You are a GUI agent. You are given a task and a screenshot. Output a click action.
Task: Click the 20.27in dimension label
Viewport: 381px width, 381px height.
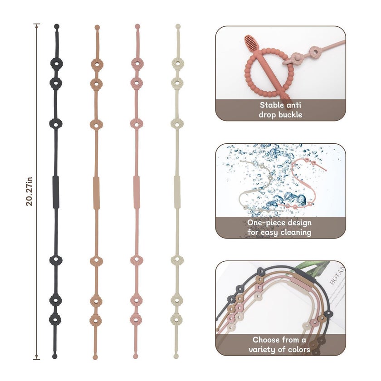point(29,191)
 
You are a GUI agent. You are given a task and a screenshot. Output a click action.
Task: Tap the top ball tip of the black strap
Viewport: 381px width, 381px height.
point(57,26)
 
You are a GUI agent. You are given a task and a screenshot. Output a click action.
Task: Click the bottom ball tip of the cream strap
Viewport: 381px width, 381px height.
point(176,357)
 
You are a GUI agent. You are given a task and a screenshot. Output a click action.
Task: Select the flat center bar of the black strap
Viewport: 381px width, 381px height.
point(56,192)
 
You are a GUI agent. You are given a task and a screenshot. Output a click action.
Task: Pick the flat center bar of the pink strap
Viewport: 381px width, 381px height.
point(137,192)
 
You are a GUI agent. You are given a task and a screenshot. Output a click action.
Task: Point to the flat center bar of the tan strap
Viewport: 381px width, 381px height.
point(96,193)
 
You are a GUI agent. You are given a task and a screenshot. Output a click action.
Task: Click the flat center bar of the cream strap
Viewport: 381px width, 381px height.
point(177,192)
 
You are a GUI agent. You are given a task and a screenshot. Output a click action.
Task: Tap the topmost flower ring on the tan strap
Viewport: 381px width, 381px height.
point(97,64)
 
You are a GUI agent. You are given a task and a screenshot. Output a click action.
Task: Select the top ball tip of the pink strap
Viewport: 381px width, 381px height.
point(137,26)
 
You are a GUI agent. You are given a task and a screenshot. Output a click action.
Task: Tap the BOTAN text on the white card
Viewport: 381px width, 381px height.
point(337,275)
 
